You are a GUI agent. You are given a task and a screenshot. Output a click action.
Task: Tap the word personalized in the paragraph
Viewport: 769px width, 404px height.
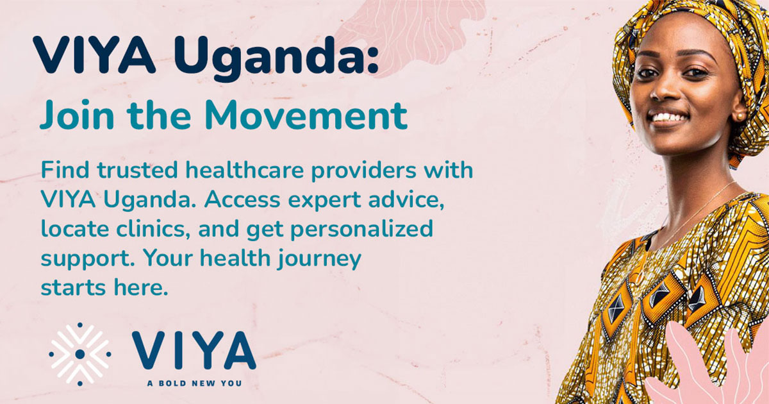pos(357,228)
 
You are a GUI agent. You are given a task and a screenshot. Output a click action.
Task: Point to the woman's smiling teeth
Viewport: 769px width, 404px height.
pos(670,118)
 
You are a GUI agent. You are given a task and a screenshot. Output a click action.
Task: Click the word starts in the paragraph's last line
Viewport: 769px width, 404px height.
pos(70,287)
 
